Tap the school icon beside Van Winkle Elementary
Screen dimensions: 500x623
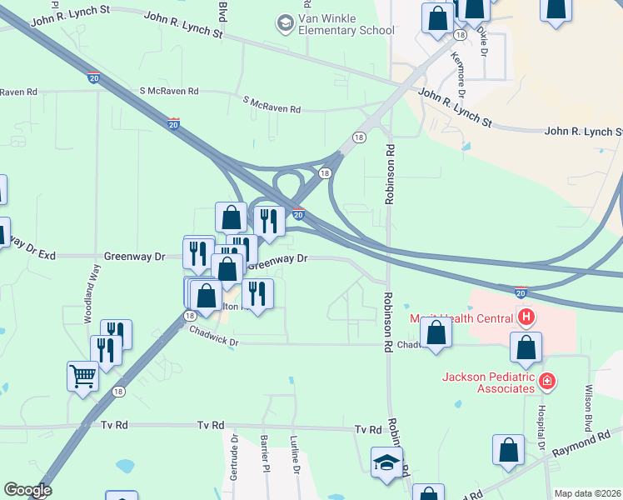(x=285, y=22)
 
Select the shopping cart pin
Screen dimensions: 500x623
(x=82, y=377)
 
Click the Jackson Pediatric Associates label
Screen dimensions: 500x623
(x=487, y=382)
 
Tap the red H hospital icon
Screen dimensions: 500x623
(x=526, y=317)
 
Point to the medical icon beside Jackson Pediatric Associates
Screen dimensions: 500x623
(x=547, y=382)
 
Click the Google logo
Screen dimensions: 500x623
(x=27, y=490)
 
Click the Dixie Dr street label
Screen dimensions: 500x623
(x=482, y=38)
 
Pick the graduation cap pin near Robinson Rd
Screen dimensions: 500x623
(x=386, y=462)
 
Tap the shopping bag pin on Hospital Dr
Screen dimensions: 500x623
(x=526, y=347)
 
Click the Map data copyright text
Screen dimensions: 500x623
(x=586, y=493)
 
